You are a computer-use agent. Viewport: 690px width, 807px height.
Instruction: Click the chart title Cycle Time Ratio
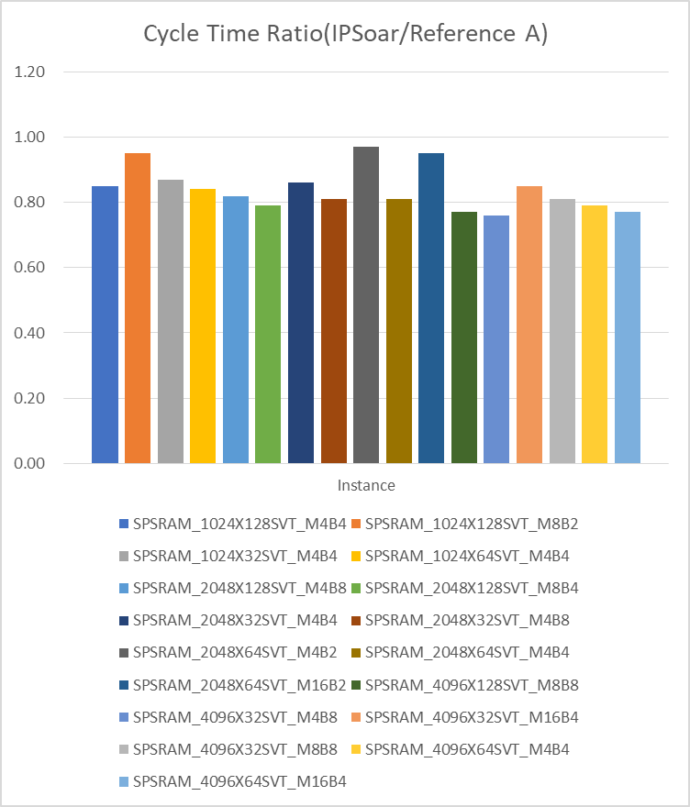point(344,34)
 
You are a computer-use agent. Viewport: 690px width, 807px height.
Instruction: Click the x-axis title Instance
point(366,485)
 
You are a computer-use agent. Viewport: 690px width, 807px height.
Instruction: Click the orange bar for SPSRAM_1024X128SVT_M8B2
point(138,308)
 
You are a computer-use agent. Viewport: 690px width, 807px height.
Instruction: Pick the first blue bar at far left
point(105,325)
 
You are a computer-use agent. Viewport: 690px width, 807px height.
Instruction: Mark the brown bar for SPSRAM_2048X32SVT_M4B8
point(333,331)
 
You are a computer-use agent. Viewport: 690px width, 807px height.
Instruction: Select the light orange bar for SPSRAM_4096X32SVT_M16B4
point(529,325)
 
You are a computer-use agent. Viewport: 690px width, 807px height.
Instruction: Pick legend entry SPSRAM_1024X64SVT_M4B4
point(467,557)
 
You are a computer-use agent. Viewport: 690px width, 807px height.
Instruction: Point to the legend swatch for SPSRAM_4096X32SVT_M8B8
point(124,750)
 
